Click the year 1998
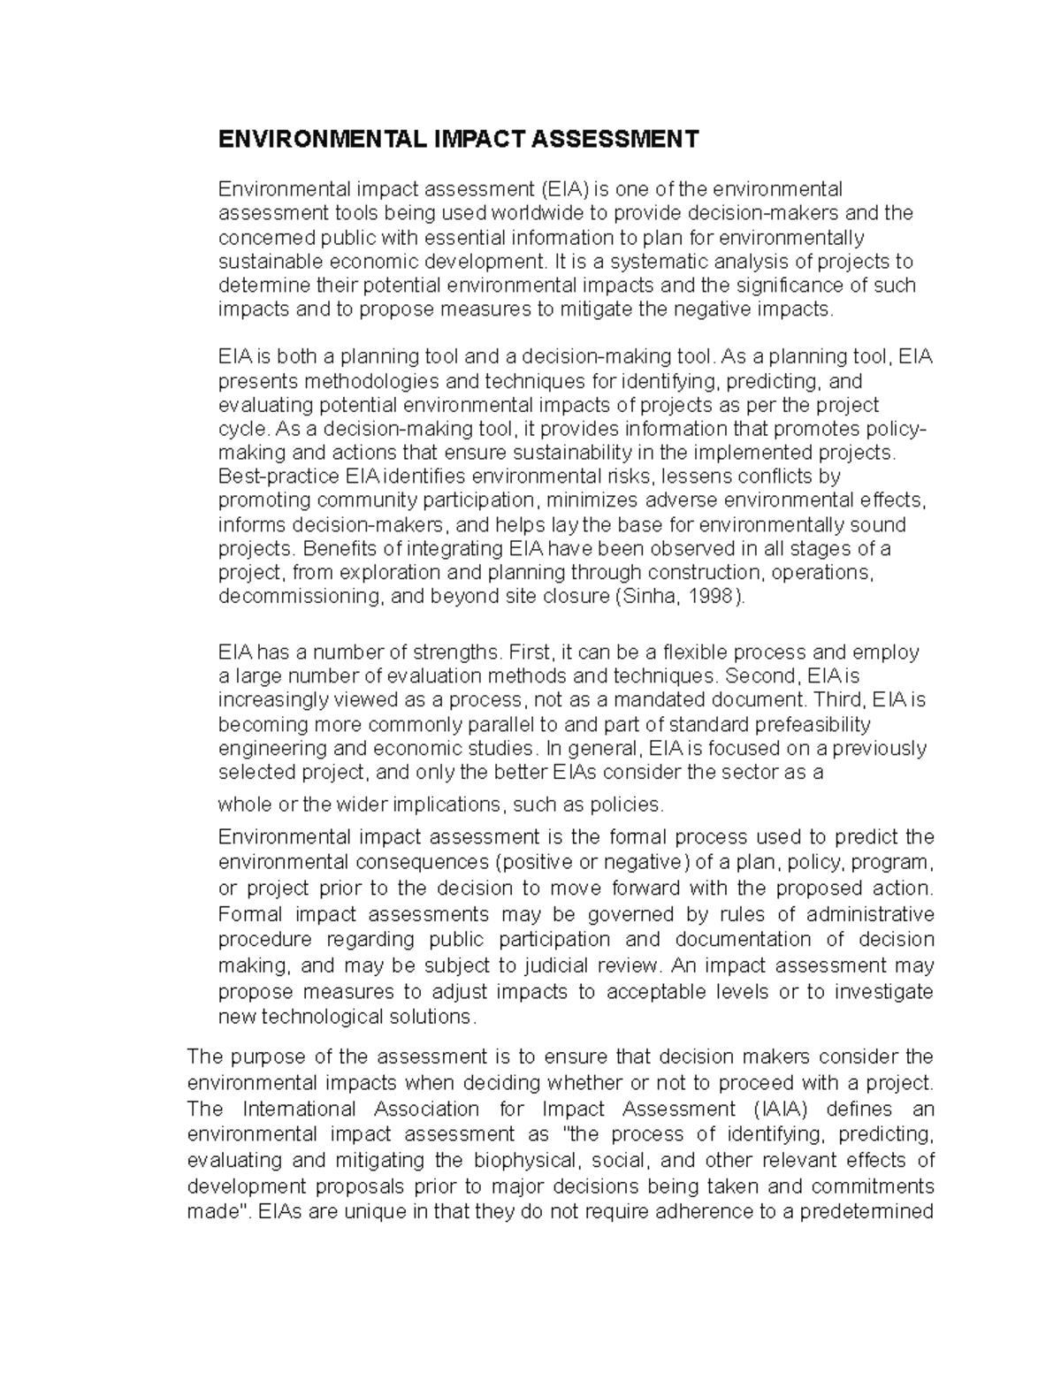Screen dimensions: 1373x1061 coord(713,596)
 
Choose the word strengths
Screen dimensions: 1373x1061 coord(447,652)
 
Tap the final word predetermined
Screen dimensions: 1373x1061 coord(866,1211)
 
